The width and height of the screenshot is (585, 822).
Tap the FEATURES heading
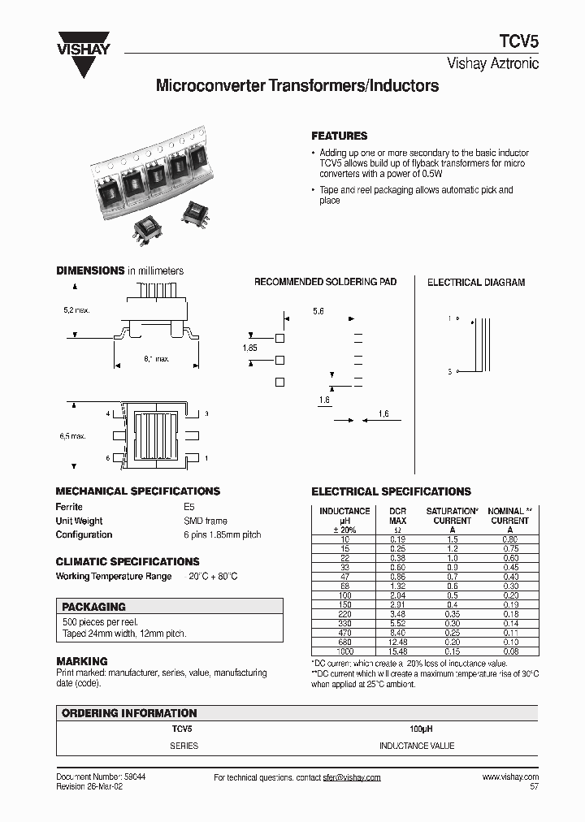[340, 136]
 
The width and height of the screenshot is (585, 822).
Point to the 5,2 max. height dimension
[76, 310]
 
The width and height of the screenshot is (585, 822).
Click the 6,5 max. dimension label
[72, 436]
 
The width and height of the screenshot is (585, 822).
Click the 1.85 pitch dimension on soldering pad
[249, 348]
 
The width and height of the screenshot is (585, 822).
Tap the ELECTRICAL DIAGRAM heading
[476, 283]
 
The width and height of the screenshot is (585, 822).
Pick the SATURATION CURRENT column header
[452, 516]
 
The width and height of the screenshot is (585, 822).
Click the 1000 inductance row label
[345, 651]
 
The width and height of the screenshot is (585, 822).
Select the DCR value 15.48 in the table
[397, 651]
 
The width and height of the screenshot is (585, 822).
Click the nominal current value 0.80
[509, 539]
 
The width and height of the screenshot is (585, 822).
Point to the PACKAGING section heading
[94, 606]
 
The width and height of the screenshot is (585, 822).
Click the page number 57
[533, 787]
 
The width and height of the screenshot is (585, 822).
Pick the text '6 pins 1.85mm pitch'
[223, 534]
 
